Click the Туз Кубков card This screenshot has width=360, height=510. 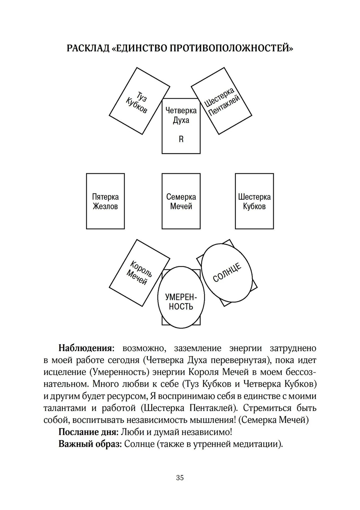pos(139,100)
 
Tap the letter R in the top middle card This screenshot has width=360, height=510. pos(181,139)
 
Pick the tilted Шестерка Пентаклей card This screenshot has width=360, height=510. pos(222,101)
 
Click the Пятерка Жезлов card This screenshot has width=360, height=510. pos(105,201)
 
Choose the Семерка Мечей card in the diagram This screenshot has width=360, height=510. pos(181,201)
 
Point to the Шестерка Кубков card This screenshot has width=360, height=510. pos(254,201)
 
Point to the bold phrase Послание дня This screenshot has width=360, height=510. pos(88,432)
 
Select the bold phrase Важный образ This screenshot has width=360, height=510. pos(90,444)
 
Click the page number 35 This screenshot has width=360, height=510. pos(180,478)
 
